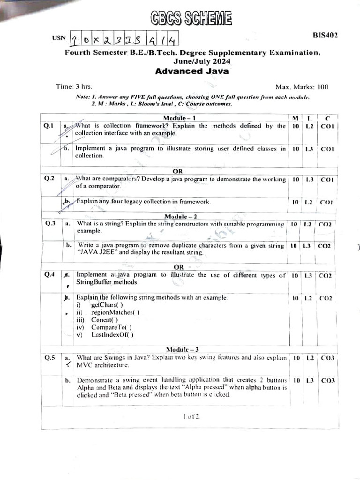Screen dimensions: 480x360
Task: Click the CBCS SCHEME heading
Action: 192,18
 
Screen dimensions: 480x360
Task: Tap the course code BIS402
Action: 325,35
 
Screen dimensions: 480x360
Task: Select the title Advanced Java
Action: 192,71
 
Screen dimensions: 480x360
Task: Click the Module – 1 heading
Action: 179,118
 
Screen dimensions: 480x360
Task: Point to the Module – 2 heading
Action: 180,216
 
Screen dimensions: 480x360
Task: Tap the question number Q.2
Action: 50,178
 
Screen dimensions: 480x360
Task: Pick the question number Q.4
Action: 50,275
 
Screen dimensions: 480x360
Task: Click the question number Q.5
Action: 50,358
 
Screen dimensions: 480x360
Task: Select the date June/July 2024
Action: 202,61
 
